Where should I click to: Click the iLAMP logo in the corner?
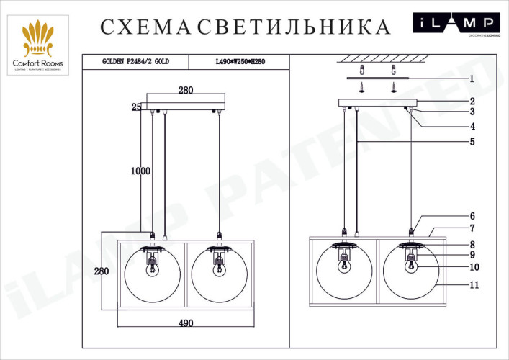[x=456, y=24]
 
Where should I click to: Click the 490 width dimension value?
[x=186, y=323]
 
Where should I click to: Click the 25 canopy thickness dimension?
[x=135, y=107]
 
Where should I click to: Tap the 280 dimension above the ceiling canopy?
[x=186, y=90]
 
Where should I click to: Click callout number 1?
[x=472, y=78]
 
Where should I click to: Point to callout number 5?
[x=472, y=142]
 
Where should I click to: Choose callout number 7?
[x=472, y=228]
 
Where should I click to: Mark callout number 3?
[x=472, y=112]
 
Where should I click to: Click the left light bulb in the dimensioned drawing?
[x=153, y=269]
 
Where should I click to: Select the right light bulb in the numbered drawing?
[x=412, y=264]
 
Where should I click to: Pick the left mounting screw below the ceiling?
[x=363, y=86]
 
